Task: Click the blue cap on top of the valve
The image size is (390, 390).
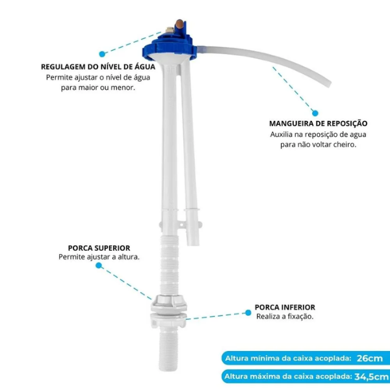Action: tap(170, 40)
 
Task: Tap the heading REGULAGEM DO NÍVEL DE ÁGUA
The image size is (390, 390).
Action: tap(97, 66)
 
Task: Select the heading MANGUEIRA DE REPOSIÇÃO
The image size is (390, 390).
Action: tap(318, 123)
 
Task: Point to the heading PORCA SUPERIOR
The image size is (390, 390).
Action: tap(99, 248)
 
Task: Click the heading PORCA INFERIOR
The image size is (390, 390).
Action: tap(285, 307)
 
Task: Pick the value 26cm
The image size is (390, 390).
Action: tap(370, 358)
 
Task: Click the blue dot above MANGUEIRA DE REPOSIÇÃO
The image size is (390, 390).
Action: tap(315, 112)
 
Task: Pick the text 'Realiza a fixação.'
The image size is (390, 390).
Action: tap(285, 317)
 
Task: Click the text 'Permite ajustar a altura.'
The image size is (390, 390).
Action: tap(99, 257)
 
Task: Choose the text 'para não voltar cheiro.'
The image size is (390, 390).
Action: tap(318, 145)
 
